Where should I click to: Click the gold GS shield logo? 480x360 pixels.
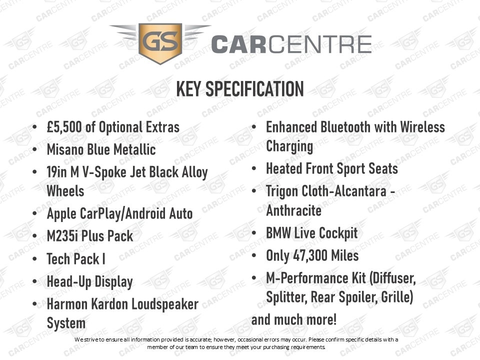[x=160, y=43]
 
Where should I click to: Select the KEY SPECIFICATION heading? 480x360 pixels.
[x=240, y=89]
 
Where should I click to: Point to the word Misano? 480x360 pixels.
[x=65, y=149]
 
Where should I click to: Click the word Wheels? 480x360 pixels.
[x=65, y=191]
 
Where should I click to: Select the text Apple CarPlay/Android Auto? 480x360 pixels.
[x=119, y=213]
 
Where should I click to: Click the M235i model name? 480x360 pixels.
[x=62, y=236]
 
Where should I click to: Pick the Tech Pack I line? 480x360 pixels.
[x=76, y=258]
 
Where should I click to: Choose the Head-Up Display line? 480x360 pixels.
[x=89, y=282]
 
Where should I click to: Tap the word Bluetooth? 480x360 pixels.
[x=345, y=127]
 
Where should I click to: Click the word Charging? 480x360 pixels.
[x=289, y=146]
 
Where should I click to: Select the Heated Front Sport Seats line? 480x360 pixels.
[x=332, y=168]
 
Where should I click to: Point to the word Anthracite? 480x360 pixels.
[x=294, y=210]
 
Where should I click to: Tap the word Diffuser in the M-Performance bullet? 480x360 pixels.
[x=393, y=278]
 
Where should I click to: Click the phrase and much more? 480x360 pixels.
[x=294, y=320]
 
